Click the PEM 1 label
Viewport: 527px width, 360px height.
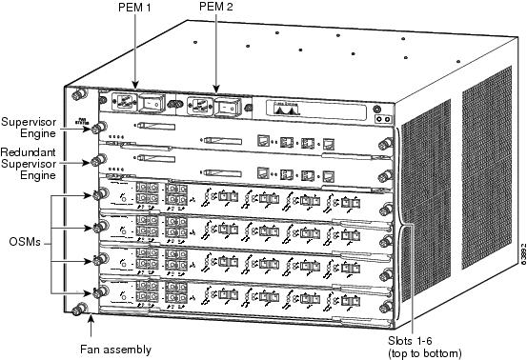[x=139, y=9]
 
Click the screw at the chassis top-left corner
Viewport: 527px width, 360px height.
[x=77, y=95]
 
